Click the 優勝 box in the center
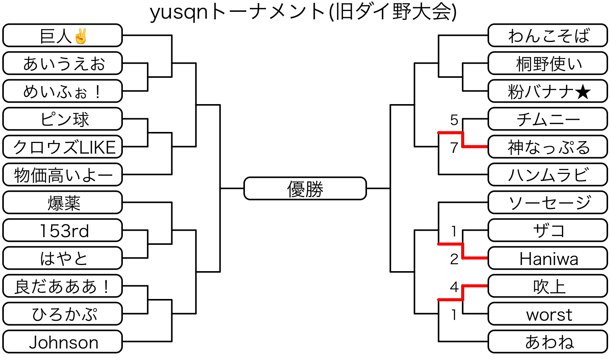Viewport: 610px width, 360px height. (x=305, y=188)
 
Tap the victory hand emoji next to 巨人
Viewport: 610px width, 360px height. (x=81, y=36)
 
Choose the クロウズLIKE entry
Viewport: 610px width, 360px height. (x=63, y=147)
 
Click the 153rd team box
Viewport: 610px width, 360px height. (x=63, y=230)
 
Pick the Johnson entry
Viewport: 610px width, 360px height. (x=63, y=342)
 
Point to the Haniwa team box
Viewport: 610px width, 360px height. (x=548, y=259)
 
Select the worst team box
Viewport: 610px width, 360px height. (x=548, y=314)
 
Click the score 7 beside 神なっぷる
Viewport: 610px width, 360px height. (x=454, y=148)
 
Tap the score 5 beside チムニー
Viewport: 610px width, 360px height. (x=454, y=120)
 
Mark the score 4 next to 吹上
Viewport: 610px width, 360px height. (x=454, y=286)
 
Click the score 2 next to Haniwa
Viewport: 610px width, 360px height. (x=454, y=259)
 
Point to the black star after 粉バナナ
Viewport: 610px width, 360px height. (x=583, y=92)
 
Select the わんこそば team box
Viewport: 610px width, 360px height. (x=548, y=35)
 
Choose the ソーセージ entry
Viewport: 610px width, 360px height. (x=548, y=202)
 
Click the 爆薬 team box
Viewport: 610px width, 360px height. (x=63, y=202)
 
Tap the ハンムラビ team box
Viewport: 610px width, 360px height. (x=548, y=175)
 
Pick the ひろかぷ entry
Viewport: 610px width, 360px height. (x=63, y=314)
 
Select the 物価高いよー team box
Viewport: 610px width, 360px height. (x=63, y=175)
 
